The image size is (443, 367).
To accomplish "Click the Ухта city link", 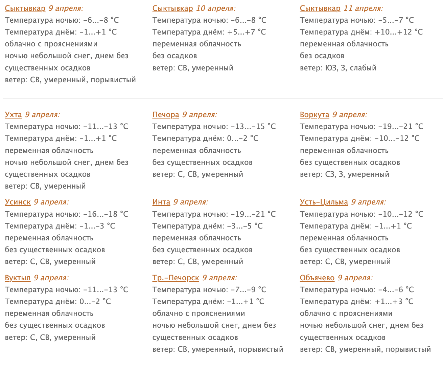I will point(13,115).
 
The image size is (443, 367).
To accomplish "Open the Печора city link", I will point(166,115).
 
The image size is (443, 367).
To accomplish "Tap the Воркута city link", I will point(314,115).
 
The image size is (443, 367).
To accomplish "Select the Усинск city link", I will point(18,202).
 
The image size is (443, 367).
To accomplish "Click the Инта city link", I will point(161,202).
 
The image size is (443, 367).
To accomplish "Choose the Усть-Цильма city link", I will point(324,202).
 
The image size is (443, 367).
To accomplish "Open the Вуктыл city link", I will point(18,278).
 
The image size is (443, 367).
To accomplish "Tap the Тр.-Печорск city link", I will point(176,278).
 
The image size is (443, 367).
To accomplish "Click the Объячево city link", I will point(317,278).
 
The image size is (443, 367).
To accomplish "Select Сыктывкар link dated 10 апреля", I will point(172,8).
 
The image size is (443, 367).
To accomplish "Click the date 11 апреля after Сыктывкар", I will point(363,8).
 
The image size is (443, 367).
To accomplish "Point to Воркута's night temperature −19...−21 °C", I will point(400,127).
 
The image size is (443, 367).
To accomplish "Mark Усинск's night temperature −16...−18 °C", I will point(106,214).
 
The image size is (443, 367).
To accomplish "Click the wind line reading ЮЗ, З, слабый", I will point(351,68).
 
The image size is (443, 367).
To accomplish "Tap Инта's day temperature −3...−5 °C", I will point(244,226).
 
